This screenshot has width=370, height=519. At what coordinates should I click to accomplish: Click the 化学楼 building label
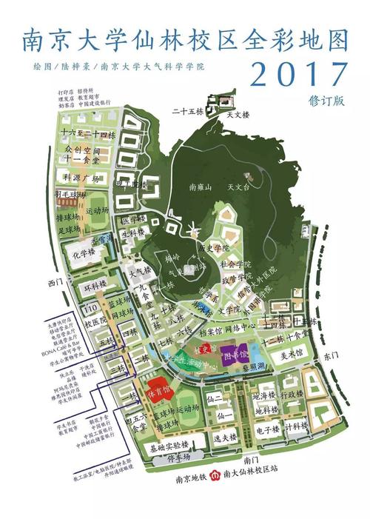[84, 252]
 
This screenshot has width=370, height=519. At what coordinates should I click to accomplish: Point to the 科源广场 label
[81, 178]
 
